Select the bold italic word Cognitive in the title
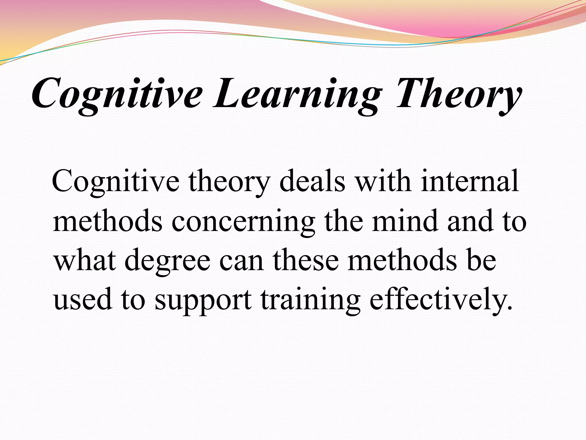click(x=117, y=95)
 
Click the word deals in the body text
click(x=312, y=181)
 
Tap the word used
click(x=82, y=300)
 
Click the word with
click(x=383, y=181)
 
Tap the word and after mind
click(x=471, y=221)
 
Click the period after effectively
click(x=509, y=308)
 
